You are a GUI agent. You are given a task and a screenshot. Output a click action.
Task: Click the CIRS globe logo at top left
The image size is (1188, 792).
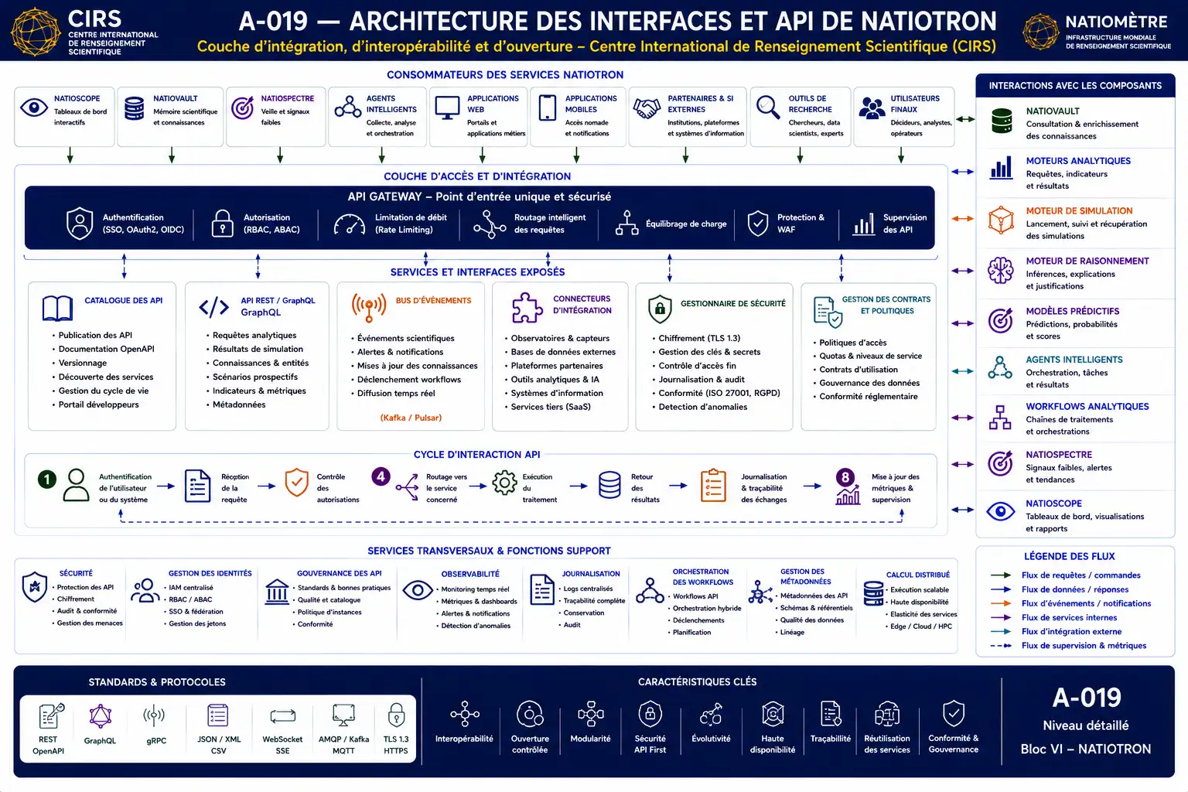pos(36,31)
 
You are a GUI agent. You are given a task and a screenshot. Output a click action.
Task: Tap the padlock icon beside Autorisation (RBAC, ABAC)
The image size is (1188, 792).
pos(222,224)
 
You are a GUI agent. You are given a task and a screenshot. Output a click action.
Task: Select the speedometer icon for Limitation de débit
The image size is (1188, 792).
pos(349,224)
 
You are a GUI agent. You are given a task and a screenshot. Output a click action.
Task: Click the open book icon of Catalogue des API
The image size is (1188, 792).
pos(57,308)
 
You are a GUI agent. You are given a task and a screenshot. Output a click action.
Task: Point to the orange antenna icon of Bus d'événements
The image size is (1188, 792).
pos(369,307)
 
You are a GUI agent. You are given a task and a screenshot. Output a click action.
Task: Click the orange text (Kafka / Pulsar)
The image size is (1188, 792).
pos(411,418)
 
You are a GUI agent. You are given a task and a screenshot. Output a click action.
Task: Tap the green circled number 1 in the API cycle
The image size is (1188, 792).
pos(46,480)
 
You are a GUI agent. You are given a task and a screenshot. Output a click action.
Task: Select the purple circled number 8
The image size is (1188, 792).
pos(845,477)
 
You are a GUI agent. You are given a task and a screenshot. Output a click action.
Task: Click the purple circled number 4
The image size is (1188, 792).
pos(381,476)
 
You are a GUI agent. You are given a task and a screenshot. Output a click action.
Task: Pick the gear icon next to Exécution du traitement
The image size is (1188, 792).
pos(504,483)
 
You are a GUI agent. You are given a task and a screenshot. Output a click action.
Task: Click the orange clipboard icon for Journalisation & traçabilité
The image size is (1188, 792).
pos(713,485)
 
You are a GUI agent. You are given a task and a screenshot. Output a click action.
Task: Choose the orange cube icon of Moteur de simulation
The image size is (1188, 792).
pos(1001,220)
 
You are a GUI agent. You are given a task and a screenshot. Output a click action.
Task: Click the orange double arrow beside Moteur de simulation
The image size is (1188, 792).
pos(963,219)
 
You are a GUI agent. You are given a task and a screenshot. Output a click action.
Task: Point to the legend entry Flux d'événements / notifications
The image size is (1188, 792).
pos(1086,603)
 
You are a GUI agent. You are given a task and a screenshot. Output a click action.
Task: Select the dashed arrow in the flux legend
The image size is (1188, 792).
pos(1001,646)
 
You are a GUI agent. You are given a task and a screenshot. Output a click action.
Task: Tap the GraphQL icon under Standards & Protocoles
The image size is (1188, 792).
pos(100,717)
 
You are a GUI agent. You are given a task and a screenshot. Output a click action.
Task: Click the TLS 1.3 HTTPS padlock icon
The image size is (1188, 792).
pos(396,715)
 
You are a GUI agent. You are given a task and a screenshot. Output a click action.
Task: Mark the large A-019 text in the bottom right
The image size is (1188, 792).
pos(1086,698)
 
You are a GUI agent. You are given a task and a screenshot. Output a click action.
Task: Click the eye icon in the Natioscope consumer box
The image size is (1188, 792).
pos(34,108)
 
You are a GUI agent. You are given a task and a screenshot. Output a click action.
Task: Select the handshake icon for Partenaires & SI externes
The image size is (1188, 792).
pos(647,108)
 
